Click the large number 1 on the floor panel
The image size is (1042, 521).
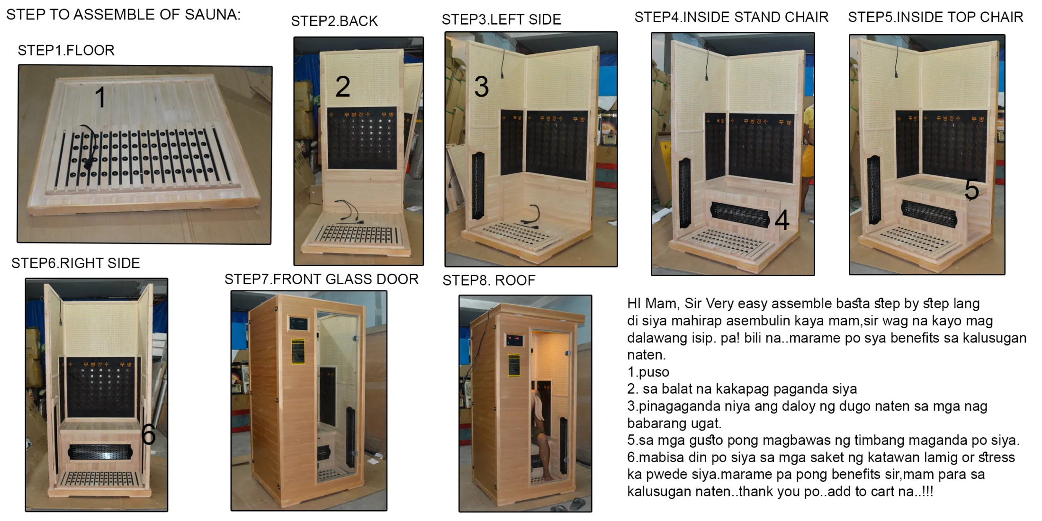(100, 97)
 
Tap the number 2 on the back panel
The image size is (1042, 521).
(343, 87)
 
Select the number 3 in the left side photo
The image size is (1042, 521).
(482, 87)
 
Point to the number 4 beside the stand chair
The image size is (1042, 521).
(782, 220)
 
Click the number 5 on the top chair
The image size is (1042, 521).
(972, 189)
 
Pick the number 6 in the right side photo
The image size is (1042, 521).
(148, 434)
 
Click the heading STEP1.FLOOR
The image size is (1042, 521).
(66, 50)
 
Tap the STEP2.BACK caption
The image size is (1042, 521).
(334, 21)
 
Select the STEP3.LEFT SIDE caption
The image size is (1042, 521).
(501, 19)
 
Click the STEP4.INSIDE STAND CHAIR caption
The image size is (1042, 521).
(731, 17)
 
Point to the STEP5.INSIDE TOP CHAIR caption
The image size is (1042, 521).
(935, 17)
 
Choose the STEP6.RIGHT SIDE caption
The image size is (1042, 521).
(76, 263)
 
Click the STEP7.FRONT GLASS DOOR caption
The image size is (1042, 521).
(322, 279)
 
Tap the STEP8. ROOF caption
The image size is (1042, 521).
(489, 280)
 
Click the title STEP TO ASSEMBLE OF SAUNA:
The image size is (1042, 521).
(123, 15)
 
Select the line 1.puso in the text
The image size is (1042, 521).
(648, 372)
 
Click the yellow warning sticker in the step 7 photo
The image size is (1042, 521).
(298, 351)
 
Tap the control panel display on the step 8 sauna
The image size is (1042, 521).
(514, 340)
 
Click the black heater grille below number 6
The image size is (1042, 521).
(100, 452)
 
